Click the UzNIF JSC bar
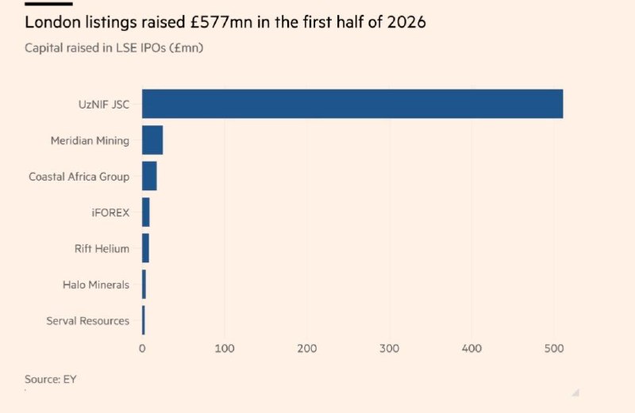[352, 104]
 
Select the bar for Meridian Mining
[152, 140]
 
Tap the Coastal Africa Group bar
[149, 176]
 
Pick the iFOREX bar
[146, 212]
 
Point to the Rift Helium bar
[145, 248]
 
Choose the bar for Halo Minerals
[144, 285]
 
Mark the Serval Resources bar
[144, 320]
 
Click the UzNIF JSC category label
[104, 105]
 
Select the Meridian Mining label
[90, 141]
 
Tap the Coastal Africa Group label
[79, 177]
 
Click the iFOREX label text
[110, 212]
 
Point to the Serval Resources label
[88, 321]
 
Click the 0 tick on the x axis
[142, 349]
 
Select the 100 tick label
[225, 349]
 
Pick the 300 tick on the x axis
[389, 349]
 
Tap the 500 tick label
[553, 349]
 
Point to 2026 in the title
[406, 22]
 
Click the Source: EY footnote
[51, 379]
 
